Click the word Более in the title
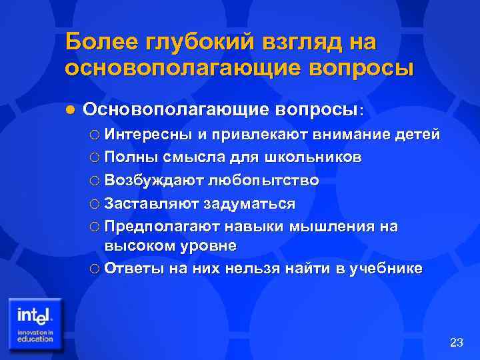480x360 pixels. coord(101,41)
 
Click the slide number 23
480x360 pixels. coord(457,343)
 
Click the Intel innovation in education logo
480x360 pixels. coord(36,323)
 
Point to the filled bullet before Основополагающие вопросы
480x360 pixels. coord(72,108)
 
